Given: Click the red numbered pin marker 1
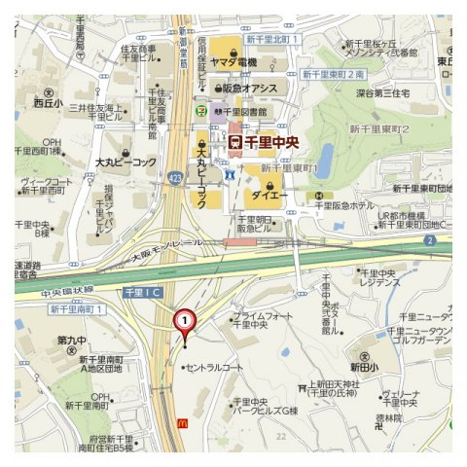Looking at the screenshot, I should [x=183, y=322].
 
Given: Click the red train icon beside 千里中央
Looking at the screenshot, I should [x=234, y=142].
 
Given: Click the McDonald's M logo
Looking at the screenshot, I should [x=182, y=422].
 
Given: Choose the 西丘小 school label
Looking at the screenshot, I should [x=47, y=101].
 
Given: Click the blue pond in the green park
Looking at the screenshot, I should [x=325, y=156].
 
